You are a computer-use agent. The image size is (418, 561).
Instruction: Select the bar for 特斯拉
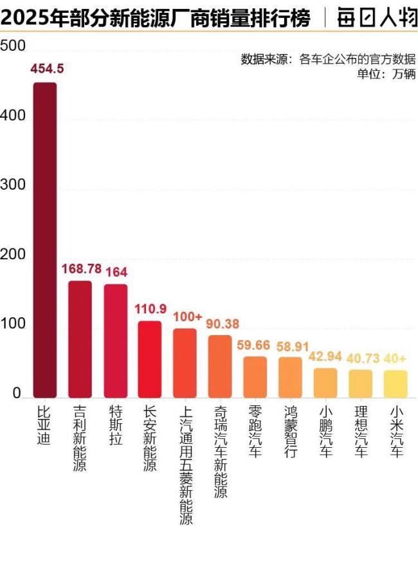coord(115,340)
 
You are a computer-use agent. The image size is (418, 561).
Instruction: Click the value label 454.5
coord(47,69)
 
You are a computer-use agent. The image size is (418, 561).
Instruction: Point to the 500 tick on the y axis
coord(13,46)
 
